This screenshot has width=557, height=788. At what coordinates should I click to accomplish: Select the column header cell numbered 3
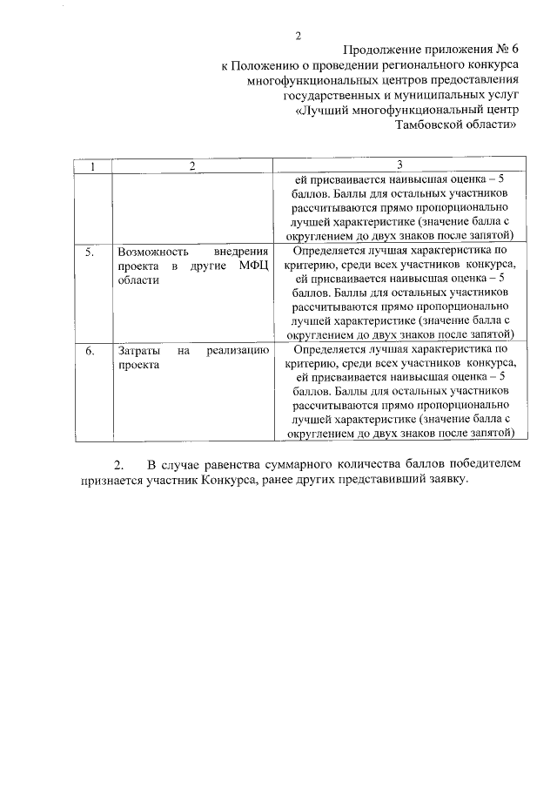[399, 165]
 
